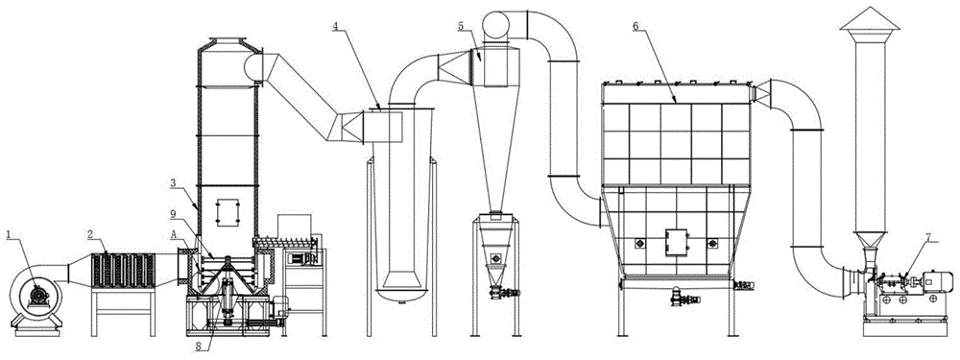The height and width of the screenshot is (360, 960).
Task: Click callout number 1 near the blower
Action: click(x=9, y=234)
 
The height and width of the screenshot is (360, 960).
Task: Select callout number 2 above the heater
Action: click(x=90, y=234)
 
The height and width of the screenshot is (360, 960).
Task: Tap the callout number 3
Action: click(x=174, y=182)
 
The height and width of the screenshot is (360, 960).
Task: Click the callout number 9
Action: click(x=174, y=214)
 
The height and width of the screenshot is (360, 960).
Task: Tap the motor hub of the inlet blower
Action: click(x=38, y=296)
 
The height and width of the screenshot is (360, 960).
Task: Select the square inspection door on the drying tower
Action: click(x=226, y=212)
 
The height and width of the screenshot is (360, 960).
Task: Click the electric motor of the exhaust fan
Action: click(x=934, y=281)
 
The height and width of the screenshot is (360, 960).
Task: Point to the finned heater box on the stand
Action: click(x=123, y=271)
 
